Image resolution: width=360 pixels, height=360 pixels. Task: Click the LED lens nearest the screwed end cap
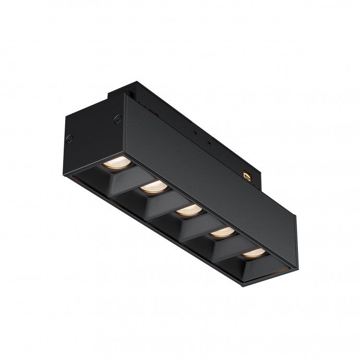click(x=113, y=162)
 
